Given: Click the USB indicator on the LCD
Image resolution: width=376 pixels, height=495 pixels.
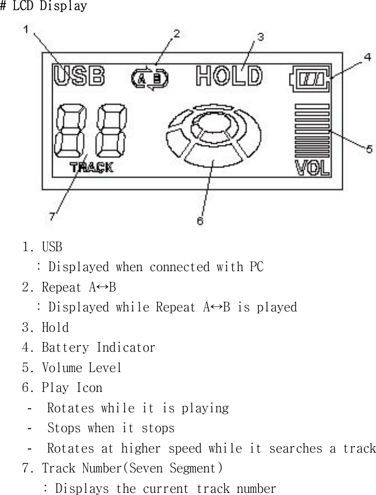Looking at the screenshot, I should [78, 76].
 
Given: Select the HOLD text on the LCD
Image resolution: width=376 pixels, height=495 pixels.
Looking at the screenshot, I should [229, 76].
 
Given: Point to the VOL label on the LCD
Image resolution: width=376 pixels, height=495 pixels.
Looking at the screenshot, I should [312, 168].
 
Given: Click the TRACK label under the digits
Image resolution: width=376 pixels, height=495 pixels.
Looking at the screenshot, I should [91, 168].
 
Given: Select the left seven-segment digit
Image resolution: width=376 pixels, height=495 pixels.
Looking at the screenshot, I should [69, 129].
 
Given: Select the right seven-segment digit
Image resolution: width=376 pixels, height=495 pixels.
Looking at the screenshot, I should [111, 129].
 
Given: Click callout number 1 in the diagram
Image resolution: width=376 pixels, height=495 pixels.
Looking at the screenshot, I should [26, 31].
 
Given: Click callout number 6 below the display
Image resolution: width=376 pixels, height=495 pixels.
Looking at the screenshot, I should [200, 221].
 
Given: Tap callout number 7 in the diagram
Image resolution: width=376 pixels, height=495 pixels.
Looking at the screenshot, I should [52, 216].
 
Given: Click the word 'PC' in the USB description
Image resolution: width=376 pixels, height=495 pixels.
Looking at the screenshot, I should [256, 267].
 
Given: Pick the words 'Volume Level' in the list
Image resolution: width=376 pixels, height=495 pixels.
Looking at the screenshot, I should [82, 368].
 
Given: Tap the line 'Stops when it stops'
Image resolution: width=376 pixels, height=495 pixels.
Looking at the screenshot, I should [111, 428].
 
